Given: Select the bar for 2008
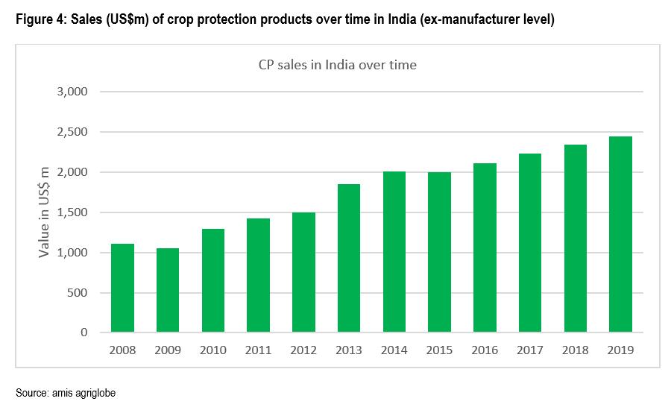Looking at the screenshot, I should click(x=123, y=288).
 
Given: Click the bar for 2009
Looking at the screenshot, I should click(x=168, y=290).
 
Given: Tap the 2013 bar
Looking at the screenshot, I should click(x=349, y=258).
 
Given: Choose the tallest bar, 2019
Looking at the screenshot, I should click(x=620, y=234).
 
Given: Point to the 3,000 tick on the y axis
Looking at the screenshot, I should click(x=73, y=92).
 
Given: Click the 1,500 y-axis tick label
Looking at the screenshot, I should click(x=73, y=212).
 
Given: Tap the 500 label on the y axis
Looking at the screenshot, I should click(x=78, y=293).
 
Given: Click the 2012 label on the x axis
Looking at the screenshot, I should click(x=303, y=350).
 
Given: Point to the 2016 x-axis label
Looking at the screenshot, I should click(x=485, y=350).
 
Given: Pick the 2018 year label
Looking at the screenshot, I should click(x=575, y=350).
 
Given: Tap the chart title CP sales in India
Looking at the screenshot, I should click(x=332, y=65).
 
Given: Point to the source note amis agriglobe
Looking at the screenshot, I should click(x=85, y=391).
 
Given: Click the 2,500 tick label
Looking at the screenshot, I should click(x=73, y=132).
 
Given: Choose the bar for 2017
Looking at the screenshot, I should click(x=530, y=243).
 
